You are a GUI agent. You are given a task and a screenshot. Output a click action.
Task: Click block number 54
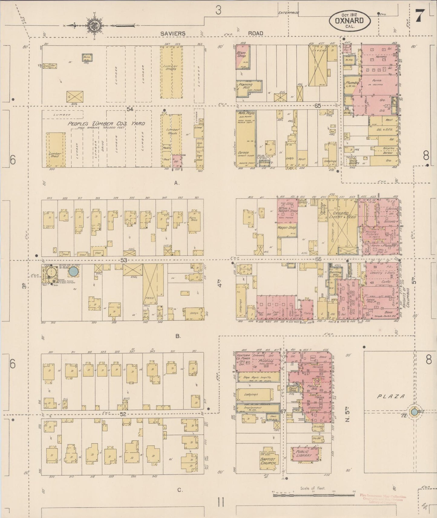(130, 109)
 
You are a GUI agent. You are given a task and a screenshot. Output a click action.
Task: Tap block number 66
(318, 259)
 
